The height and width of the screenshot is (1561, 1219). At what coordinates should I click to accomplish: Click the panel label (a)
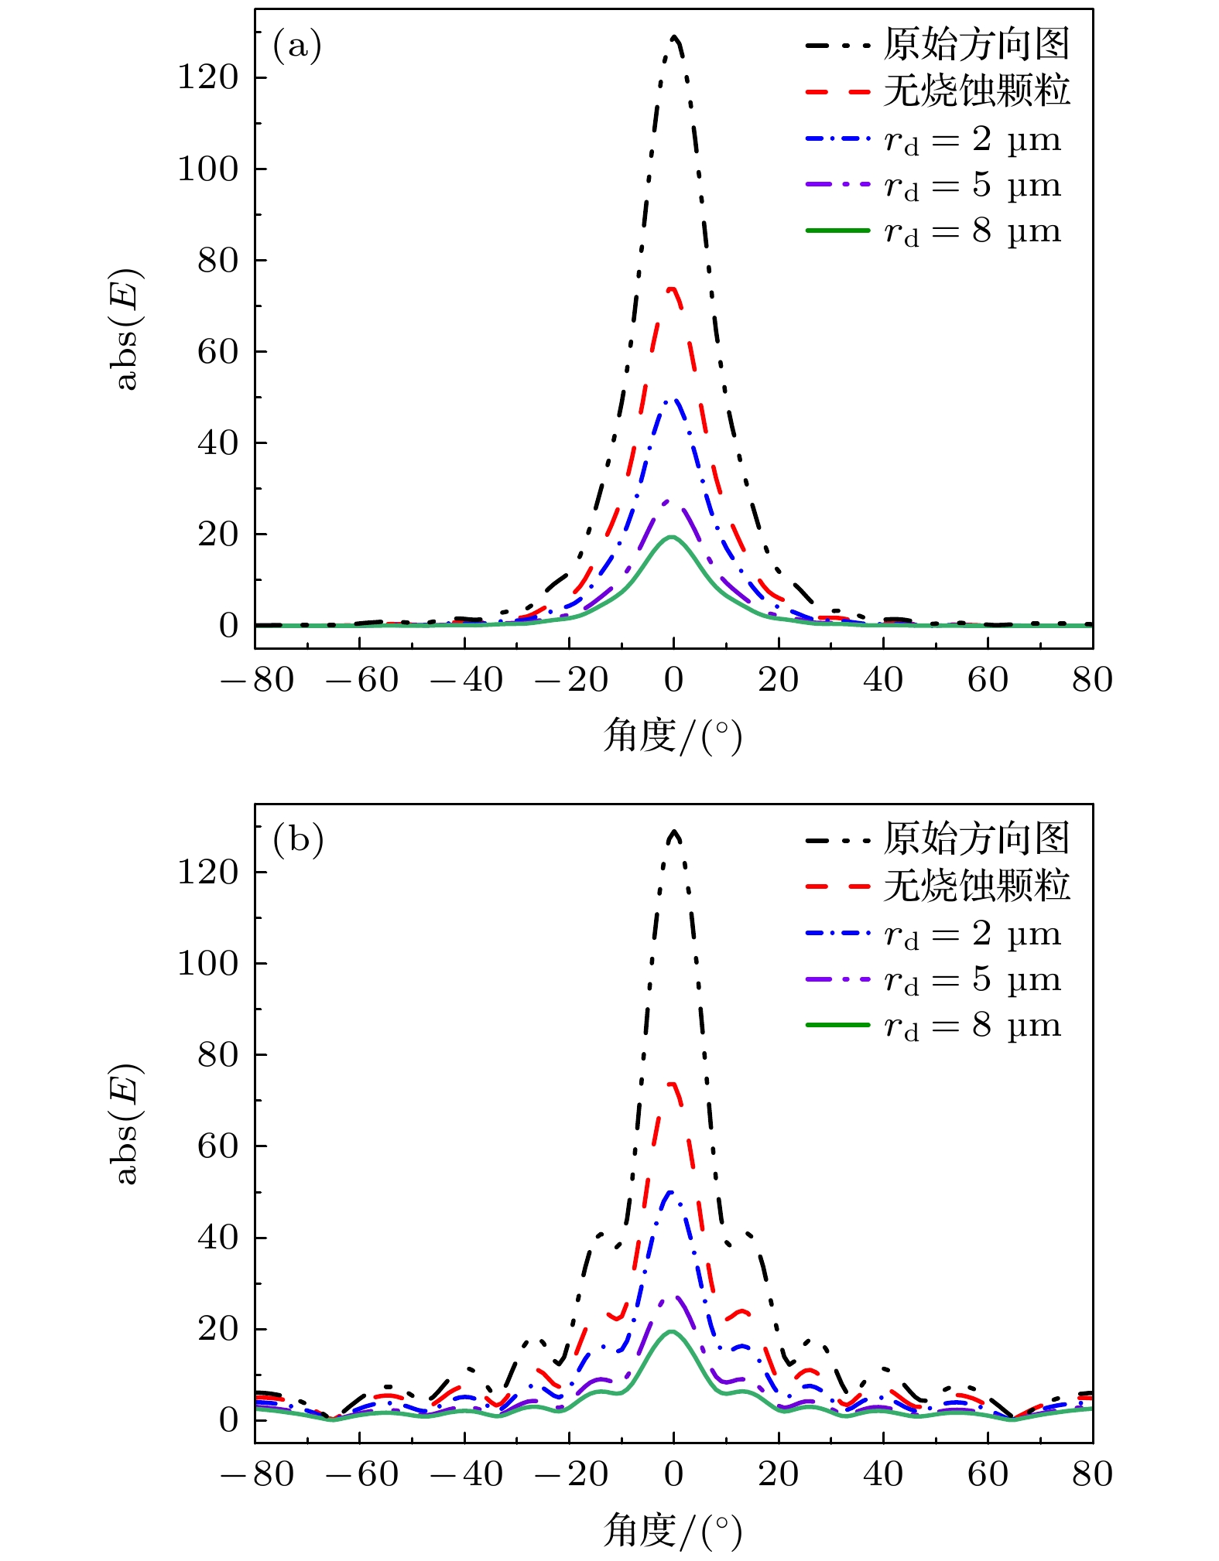[296, 46]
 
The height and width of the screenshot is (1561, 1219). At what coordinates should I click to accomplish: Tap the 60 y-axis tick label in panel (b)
[217, 1146]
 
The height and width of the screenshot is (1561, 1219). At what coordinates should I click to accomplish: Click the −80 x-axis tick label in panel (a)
[258, 681]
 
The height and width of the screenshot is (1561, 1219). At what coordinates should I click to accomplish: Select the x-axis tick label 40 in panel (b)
[883, 1474]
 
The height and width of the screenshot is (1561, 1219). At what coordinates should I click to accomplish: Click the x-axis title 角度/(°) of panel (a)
[673, 736]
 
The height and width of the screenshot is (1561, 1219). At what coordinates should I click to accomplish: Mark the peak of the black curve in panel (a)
[675, 37]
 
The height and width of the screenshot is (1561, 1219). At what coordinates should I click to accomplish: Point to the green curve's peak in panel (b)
[672, 1331]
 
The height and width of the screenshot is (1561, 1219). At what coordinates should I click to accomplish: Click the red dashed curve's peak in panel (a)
[673, 289]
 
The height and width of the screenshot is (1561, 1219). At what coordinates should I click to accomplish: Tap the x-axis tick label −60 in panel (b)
[362, 1474]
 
